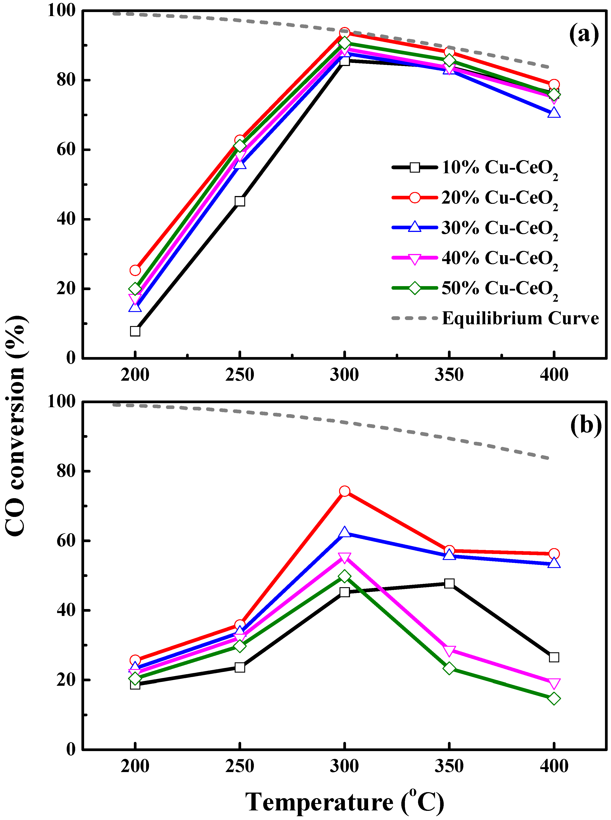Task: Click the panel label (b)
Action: [x=586, y=425]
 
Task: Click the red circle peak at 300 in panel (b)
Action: [x=345, y=491]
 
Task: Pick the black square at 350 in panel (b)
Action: [x=449, y=583]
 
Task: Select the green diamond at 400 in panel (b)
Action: [x=554, y=698]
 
